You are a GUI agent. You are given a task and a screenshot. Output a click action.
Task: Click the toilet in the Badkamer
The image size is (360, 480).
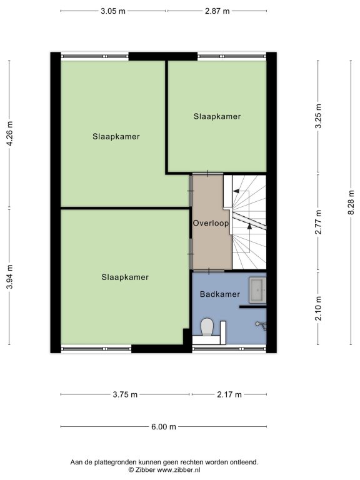point(207,327)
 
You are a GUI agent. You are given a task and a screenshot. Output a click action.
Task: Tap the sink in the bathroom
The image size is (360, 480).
point(257,290)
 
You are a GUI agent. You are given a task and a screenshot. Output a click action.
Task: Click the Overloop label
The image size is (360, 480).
point(211,223)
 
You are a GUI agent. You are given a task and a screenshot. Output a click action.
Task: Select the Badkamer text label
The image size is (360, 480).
point(220,294)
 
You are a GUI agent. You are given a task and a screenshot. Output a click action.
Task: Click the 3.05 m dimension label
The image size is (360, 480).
point(113,11)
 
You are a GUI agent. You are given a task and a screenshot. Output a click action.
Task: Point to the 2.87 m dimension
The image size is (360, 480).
point(217,11)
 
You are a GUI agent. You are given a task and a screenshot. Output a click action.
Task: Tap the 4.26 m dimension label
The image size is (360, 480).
point(10,134)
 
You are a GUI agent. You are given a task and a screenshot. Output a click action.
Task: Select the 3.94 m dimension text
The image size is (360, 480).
point(10,277)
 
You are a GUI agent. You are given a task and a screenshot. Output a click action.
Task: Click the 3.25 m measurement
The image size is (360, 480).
point(319,116)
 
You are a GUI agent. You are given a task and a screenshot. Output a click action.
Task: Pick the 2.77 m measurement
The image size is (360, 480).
point(319,222)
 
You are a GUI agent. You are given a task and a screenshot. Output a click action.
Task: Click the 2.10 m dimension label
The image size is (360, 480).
point(319,308)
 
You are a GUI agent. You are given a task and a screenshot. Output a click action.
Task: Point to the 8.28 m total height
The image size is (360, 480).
point(351,202)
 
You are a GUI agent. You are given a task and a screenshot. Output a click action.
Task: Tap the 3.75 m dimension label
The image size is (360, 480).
point(125,394)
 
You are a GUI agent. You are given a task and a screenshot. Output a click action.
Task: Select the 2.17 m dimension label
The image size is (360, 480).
point(229,394)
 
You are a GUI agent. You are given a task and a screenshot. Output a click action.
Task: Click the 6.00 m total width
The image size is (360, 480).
point(164,427)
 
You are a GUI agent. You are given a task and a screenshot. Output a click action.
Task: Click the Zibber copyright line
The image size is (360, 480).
point(164,469)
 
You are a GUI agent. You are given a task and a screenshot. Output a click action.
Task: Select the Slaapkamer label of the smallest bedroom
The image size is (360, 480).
point(217,116)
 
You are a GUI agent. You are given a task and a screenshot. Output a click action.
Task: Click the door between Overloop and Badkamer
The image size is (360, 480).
point(209,271)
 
